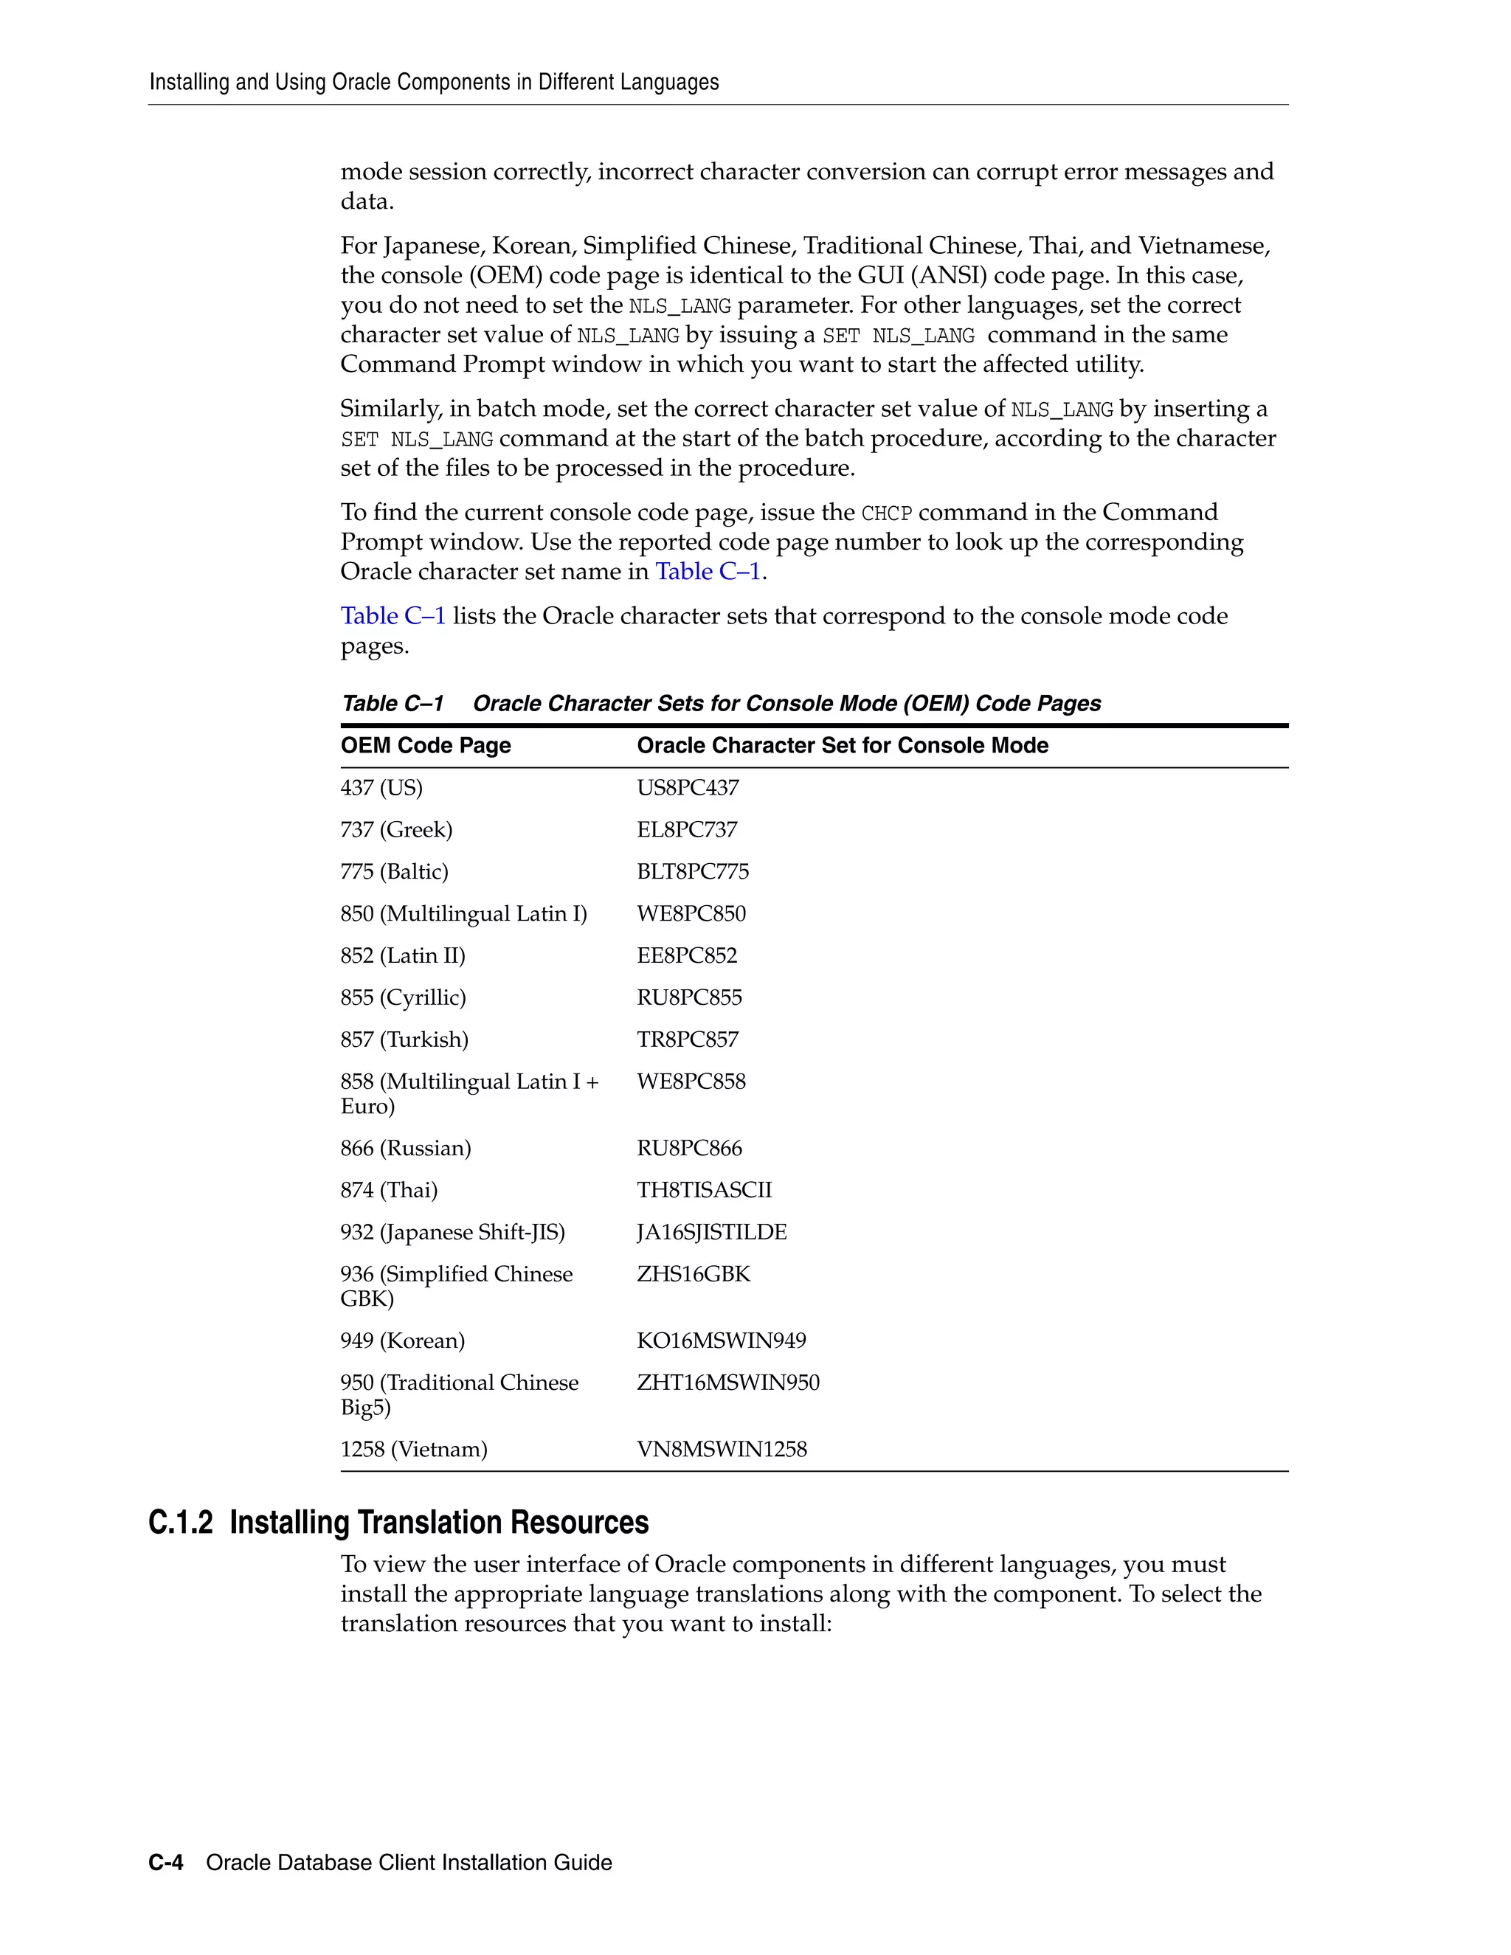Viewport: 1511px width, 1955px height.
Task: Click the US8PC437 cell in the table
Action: coord(688,788)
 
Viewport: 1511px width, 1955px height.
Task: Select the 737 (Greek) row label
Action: coord(396,830)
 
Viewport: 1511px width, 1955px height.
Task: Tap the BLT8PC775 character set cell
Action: coord(693,872)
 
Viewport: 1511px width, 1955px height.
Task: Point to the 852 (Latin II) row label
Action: coord(403,956)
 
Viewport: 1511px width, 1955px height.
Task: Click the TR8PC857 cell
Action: coord(688,1039)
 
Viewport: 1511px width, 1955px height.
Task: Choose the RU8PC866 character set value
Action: coord(689,1149)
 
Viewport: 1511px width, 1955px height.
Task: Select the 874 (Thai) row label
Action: coord(389,1191)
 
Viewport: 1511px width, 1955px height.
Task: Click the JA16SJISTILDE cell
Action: coord(712,1233)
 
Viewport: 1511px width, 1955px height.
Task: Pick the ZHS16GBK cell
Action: coord(693,1275)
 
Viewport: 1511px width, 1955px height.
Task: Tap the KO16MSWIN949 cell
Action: coord(722,1341)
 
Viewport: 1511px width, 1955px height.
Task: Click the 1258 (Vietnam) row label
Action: coord(414,1449)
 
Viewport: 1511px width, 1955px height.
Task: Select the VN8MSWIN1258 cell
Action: coord(722,1449)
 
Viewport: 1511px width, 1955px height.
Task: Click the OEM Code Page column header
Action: coord(425,746)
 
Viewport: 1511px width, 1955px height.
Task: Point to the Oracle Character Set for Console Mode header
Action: coord(843,746)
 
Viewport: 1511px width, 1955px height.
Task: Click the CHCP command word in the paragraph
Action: coord(886,513)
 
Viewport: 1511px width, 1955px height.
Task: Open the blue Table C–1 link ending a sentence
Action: coord(708,572)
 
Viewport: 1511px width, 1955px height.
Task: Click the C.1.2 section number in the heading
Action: coord(180,1523)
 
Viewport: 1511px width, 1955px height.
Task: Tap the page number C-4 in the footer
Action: coord(165,1863)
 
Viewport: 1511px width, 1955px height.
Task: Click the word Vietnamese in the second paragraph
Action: coord(1204,246)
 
